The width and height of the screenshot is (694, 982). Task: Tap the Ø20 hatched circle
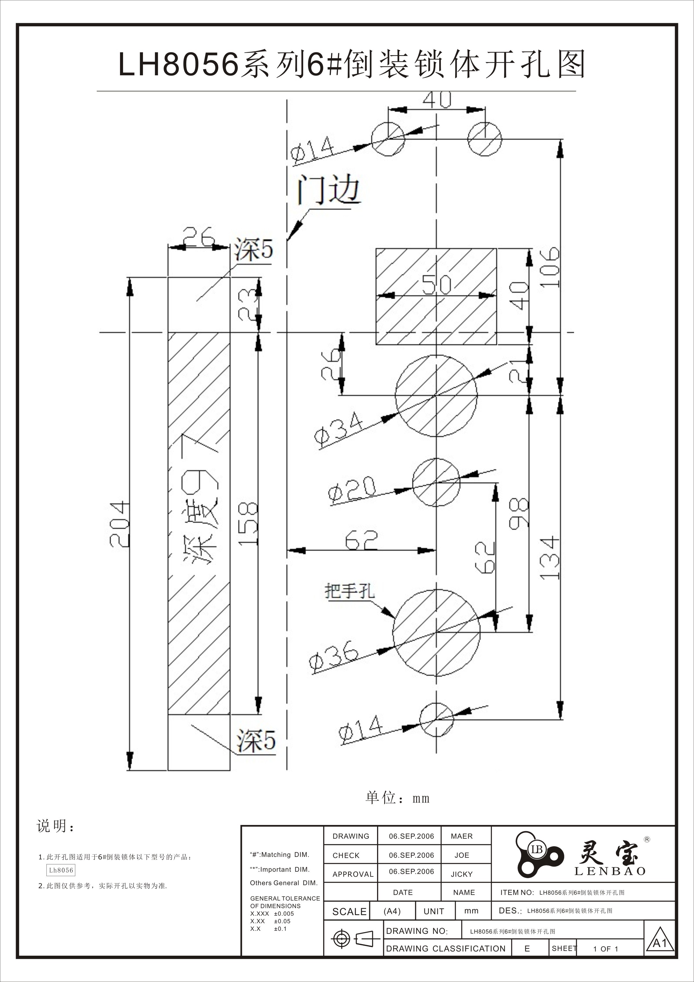pyautogui.click(x=436, y=482)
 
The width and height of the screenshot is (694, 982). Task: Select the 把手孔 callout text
pyautogui.click(x=350, y=591)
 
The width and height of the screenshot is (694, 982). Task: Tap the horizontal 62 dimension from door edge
pyautogui.click(x=361, y=541)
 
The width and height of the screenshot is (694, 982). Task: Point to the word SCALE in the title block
pyautogui.click(x=349, y=912)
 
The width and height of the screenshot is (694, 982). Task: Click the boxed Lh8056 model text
pyautogui.click(x=61, y=870)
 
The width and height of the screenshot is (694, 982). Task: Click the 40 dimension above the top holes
pyautogui.click(x=437, y=100)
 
